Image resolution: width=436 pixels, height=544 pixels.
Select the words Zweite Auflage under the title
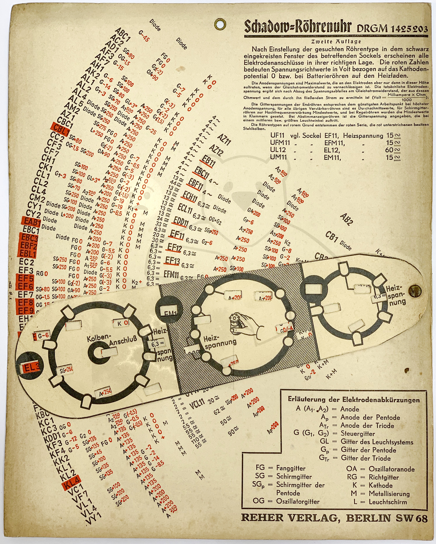coord(336,42)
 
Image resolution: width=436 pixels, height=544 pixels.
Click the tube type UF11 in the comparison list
coord(277,136)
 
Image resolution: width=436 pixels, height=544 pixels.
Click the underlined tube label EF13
coord(172,261)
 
